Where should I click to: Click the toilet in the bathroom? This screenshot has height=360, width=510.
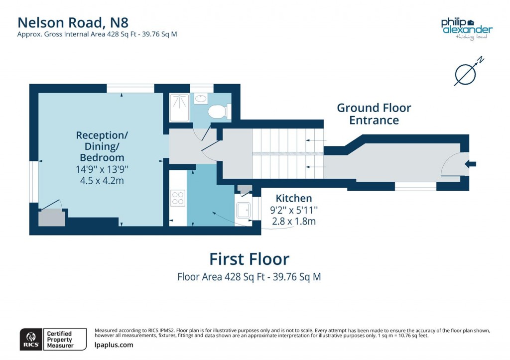218,111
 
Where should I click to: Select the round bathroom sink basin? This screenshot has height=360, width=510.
201,99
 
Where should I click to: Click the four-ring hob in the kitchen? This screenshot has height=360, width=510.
178,198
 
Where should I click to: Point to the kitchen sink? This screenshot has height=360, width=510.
244,211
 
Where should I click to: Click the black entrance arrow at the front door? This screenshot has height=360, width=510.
470,164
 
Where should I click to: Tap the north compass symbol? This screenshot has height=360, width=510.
467,73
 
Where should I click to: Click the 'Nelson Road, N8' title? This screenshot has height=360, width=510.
73,22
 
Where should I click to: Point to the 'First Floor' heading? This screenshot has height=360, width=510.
249,259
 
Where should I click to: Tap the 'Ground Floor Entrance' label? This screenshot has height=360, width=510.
374,114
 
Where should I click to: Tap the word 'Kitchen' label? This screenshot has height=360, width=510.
294,198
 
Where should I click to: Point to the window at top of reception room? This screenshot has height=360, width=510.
130,89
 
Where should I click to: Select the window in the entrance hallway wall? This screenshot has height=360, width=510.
415,186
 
